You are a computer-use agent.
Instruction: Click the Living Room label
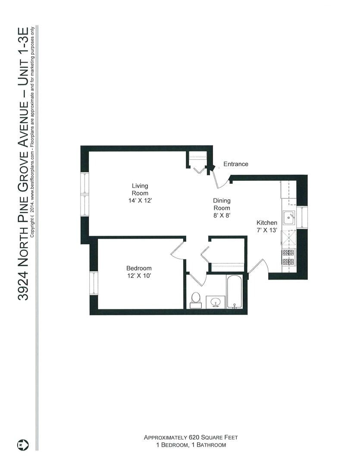(x=140, y=189)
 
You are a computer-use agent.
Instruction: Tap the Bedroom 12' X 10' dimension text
(x=139, y=276)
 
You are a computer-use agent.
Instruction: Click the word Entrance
(x=235, y=164)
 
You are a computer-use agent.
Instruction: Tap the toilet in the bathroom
(x=196, y=299)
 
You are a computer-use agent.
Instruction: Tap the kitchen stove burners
(x=288, y=257)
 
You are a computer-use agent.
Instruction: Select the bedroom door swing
(x=178, y=250)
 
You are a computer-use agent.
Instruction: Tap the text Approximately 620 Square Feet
(x=191, y=437)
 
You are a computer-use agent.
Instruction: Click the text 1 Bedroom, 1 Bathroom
(x=191, y=445)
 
